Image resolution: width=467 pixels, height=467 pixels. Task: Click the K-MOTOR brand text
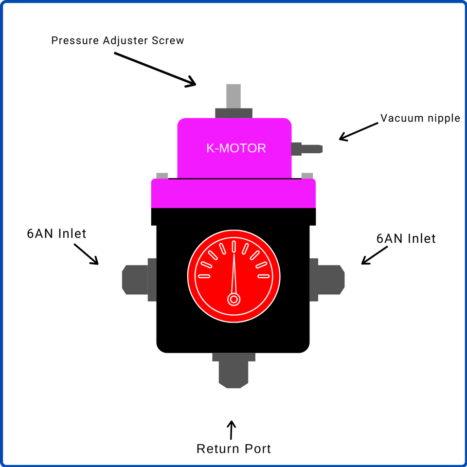tap(236, 148)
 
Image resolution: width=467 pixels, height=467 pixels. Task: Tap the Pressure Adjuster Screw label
tap(118, 40)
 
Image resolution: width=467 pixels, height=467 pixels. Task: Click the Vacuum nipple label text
tap(420, 118)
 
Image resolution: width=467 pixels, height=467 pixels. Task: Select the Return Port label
tap(233, 449)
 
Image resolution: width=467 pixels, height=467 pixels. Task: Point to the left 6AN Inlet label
tap(56, 233)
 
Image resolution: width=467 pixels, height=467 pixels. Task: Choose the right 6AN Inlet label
tap(406, 239)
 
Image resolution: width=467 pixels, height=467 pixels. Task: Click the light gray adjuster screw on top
tap(233, 96)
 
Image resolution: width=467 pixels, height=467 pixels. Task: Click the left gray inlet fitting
tap(136, 279)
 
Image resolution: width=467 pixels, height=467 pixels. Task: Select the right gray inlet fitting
tap(329, 279)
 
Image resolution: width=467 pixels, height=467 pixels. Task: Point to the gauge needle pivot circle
tap(234, 299)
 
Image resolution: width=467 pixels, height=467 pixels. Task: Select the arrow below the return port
tap(232, 430)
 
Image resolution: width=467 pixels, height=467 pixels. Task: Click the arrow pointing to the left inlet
tap(86, 253)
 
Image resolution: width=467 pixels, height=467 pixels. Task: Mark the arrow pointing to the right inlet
tap(375, 255)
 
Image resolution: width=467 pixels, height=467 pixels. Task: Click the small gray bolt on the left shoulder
tap(162, 175)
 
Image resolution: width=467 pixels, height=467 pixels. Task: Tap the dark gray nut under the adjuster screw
tap(233, 113)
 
